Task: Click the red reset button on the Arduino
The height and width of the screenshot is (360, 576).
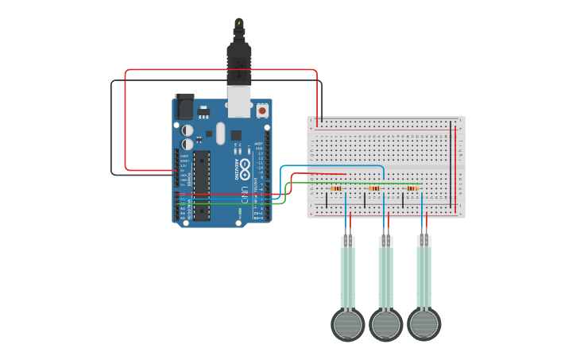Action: pos(262,111)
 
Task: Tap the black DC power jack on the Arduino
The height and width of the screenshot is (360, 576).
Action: pos(184,106)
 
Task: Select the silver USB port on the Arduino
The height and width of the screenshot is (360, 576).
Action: pos(238,104)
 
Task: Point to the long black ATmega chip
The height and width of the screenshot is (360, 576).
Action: pos(202,184)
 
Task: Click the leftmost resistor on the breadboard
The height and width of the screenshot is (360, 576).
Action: pos(336,188)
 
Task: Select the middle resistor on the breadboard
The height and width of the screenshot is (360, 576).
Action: pos(374,188)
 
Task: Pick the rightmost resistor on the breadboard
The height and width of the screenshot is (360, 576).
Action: pos(412,188)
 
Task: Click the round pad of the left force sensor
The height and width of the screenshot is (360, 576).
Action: pos(347,324)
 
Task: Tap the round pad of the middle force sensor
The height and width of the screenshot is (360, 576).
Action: pos(385,324)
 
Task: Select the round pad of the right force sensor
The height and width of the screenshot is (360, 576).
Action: pos(423,324)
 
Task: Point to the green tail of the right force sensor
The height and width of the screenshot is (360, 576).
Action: pos(423,278)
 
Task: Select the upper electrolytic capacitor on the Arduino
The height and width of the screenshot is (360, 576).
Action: pos(187,130)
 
